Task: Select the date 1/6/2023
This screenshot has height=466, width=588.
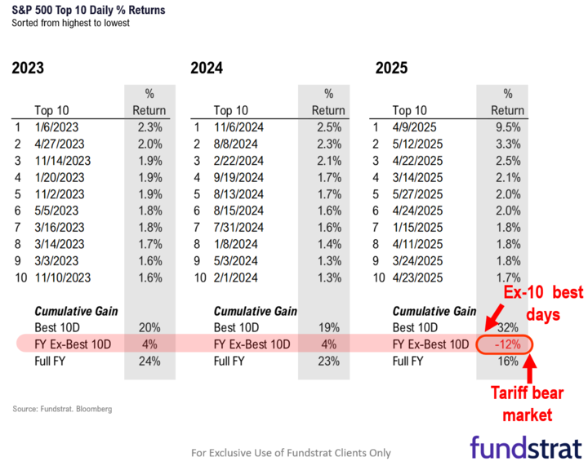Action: click(x=57, y=126)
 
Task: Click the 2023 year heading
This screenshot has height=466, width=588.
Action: click(x=28, y=69)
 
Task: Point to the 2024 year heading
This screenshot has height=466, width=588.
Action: click(x=207, y=69)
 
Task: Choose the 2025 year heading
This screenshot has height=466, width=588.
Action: click(x=391, y=69)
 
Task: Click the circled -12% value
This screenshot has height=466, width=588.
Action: click(x=506, y=344)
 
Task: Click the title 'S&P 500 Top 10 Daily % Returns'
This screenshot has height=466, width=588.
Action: click(x=87, y=10)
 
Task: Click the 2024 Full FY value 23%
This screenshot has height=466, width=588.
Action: click(x=330, y=360)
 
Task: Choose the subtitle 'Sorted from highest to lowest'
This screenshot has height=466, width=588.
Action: click(x=72, y=23)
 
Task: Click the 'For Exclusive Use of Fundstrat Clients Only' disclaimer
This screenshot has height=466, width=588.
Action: click(x=291, y=452)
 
